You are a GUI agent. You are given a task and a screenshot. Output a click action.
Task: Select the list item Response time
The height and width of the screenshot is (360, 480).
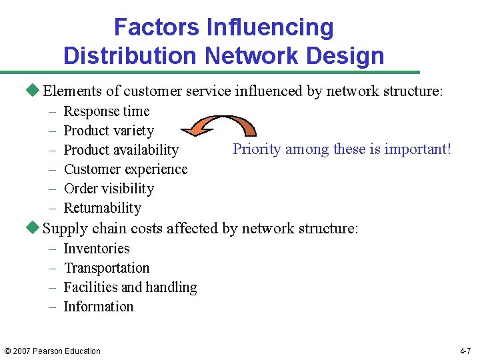coord(107,111)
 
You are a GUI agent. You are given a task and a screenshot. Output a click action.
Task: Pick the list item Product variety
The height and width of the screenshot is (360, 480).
coord(109,131)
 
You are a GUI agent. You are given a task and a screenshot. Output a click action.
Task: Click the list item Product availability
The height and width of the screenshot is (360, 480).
coord(121,150)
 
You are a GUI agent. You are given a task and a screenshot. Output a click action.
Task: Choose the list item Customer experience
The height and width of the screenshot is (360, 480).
coord(125,169)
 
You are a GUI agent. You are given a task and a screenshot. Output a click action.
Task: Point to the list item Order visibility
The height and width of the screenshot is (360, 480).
coord(109,189)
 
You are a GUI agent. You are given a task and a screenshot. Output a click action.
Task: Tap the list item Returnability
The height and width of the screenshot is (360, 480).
coord(102,208)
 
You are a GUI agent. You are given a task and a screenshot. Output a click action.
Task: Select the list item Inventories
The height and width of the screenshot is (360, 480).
coord(97,249)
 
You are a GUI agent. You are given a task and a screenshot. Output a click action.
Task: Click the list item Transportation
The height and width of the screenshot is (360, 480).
coord(107,268)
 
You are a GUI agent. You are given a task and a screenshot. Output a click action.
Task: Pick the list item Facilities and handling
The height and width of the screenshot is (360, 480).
coord(130,287)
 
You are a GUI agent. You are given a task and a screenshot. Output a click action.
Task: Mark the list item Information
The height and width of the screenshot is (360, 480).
coord(99,307)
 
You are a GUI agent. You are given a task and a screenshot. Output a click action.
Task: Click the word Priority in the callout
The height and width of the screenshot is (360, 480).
coord(257,149)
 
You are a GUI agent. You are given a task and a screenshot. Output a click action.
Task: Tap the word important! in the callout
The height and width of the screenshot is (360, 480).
coord(418,149)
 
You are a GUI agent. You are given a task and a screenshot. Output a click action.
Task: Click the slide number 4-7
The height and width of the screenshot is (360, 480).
coord(466,351)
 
